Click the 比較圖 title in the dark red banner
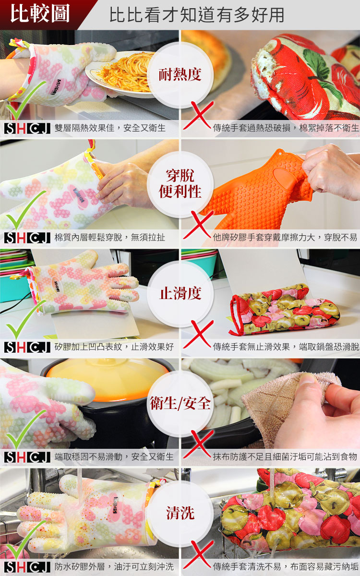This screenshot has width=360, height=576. pyautogui.click(x=40, y=13)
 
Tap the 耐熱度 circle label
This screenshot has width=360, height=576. pyautogui.click(x=180, y=74)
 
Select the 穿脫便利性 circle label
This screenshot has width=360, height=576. pyautogui.click(x=180, y=183)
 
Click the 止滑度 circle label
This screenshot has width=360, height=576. pyautogui.click(x=180, y=293)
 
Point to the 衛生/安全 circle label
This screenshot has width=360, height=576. pyautogui.click(x=180, y=403)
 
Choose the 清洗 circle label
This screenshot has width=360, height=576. pyautogui.click(x=180, y=513)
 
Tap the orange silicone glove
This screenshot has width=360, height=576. pyautogui.click(x=257, y=190)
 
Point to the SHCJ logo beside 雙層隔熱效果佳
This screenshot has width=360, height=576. pyautogui.click(x=27, y=128)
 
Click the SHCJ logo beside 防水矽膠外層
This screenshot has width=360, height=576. pyautogui.click(x=27, y=567)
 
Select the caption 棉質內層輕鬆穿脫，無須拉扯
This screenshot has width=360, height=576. pyautogui.click(x=110, y=238)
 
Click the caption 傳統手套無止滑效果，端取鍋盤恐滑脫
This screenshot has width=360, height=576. pyautogui.click(x=286, y=347)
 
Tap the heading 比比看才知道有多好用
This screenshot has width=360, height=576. pyautogui.click(x=197, y=15)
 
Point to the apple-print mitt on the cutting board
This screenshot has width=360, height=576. pyautogui.click(x=284, y=310)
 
